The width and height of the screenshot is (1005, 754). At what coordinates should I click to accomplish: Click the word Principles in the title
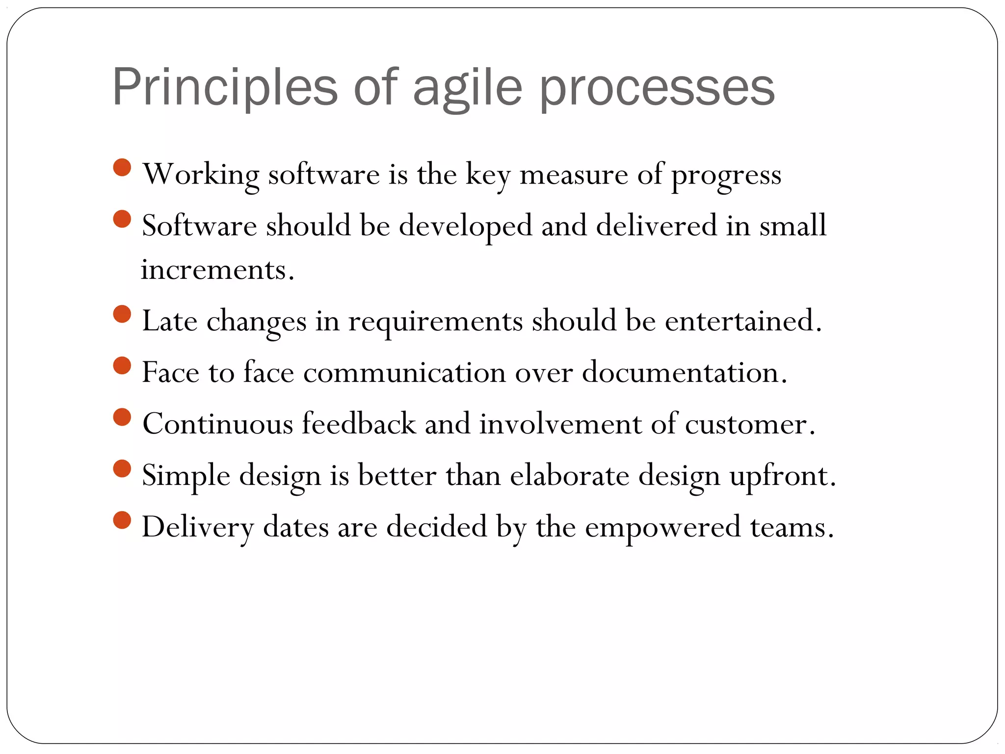225,87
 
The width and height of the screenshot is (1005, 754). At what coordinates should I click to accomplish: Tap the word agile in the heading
467,87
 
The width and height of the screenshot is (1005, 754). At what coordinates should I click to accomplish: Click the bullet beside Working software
122,167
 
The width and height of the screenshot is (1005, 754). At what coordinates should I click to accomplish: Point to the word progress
726,175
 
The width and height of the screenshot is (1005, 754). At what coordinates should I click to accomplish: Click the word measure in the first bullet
573,174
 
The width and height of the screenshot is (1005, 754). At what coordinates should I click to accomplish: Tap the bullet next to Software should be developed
122,219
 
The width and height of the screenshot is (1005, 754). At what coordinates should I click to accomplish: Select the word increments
217,270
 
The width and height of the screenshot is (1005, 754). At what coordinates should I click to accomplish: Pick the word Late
169,321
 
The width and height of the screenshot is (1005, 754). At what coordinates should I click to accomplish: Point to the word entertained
742,321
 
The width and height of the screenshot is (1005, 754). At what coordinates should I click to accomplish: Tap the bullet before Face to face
122,366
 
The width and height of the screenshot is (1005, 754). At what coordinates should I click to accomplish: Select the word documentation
684,373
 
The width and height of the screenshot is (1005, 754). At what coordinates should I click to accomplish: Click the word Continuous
217,424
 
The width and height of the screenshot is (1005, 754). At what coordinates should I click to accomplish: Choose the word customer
749,424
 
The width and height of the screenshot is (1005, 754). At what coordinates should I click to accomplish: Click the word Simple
186,476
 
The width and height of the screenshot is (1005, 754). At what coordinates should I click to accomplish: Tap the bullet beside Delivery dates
122,520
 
